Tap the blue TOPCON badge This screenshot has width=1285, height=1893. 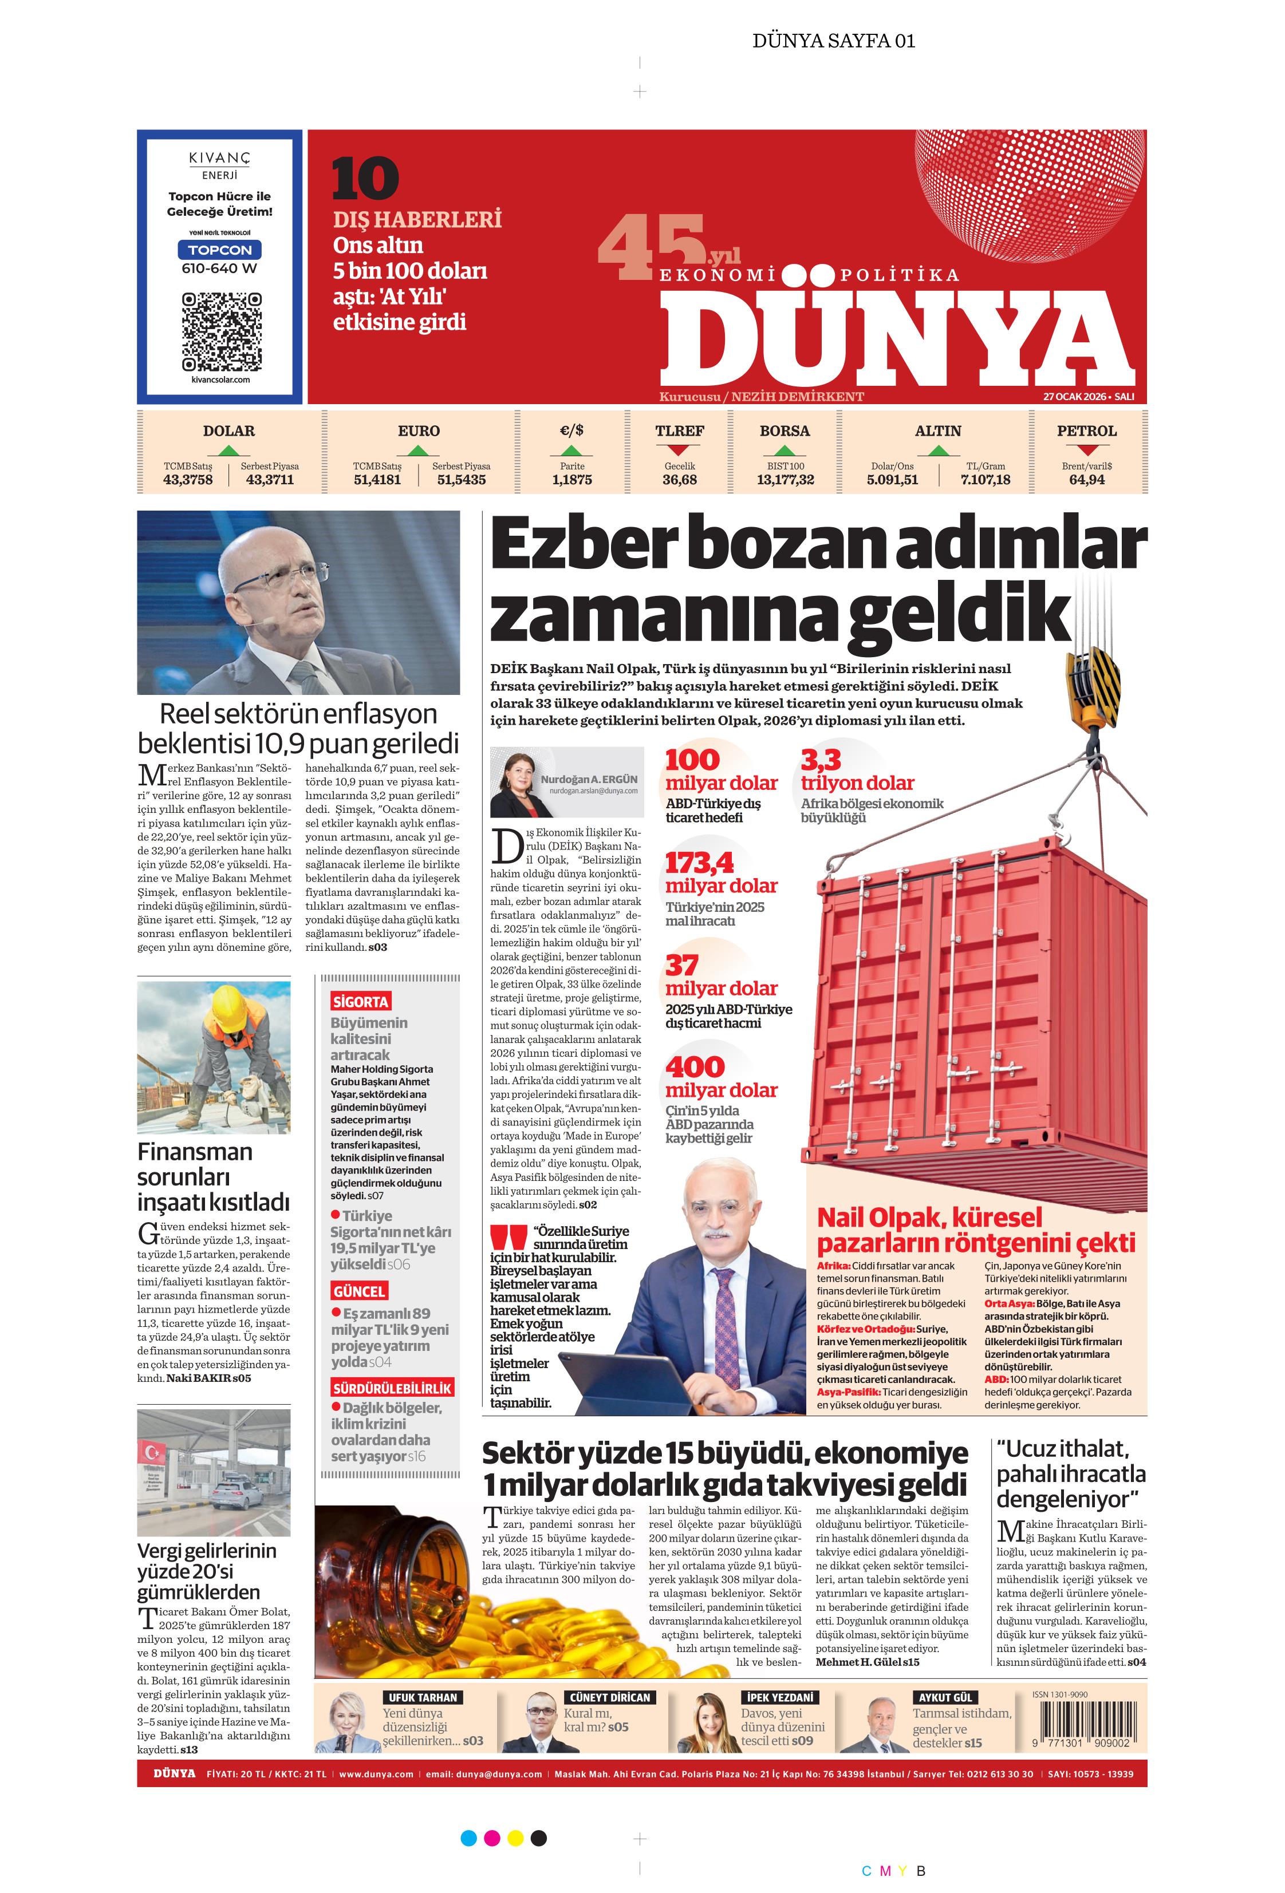[x=220, y=250]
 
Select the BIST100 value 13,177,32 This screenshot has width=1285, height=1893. [x=785, y=480]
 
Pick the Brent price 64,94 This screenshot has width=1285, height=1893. [x=1086, y=480]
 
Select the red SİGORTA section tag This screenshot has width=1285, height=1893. [x=360, y=1001]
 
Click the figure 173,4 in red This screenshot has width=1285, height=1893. [x=699, y=863]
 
